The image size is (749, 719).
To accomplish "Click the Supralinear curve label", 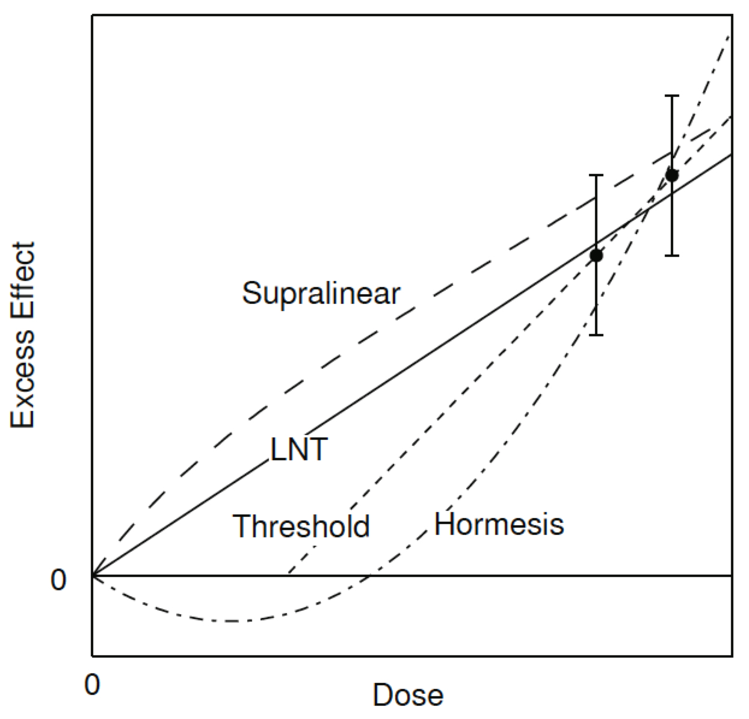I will (321, 294).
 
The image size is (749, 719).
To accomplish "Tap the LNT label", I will (299, 449).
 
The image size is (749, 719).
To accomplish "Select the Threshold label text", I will (301, 526).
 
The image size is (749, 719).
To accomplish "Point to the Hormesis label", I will (499, 525).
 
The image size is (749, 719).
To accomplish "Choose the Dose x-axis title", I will (408, 695).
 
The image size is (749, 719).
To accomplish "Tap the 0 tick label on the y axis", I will (58, 580).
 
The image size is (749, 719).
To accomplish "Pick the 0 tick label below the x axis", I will (92, 685).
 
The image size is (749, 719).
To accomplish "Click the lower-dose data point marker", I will (596, 255).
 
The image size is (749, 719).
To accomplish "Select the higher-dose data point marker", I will (672, 175).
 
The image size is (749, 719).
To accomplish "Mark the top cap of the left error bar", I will (596, 175).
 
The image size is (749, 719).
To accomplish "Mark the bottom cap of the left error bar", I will (596, 335).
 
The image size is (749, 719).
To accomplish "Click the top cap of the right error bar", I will (672, 96).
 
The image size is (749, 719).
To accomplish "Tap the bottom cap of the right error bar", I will (672, 255).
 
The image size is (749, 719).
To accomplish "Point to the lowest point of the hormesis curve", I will (232, 620).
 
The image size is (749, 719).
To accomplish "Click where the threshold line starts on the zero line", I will (289, 575).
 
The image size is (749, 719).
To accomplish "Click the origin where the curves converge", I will (93, 576).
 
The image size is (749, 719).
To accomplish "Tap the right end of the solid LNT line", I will (731, 155).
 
